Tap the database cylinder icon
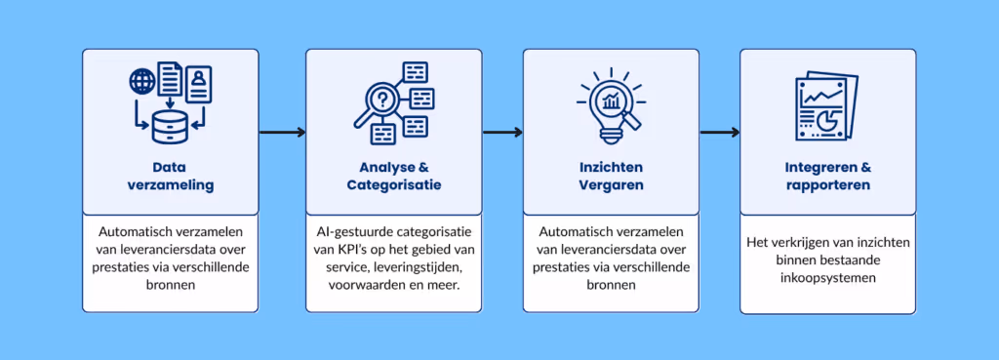click(170, 124)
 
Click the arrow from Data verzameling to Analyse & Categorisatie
click(282, 132)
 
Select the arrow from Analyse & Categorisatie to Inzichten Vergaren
click(501, 132)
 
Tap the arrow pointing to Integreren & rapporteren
click(718, 132)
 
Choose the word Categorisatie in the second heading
click(393, 184)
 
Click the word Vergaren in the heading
click(611, 184)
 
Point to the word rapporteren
click(827, 184)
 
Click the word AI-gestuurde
click(359, 232)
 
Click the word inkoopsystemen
click(827, 276)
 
